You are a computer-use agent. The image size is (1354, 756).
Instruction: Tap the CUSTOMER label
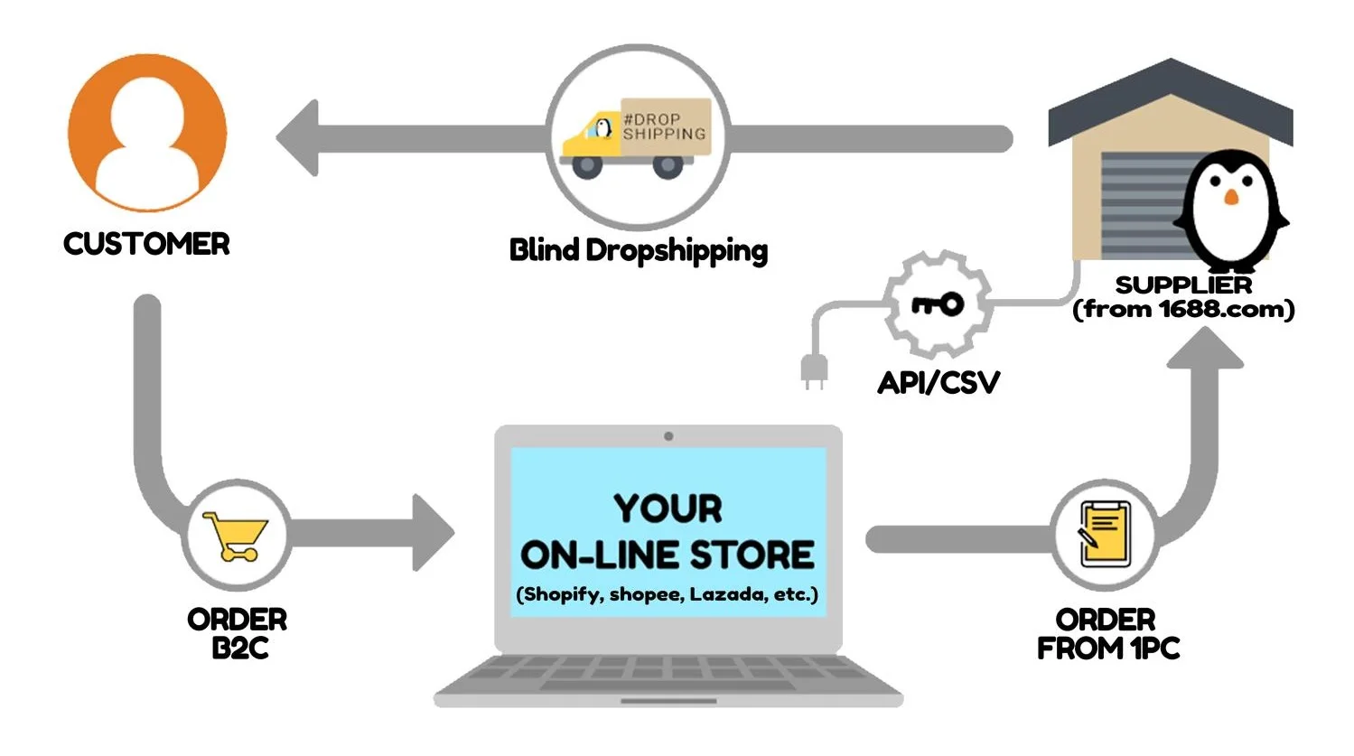146,244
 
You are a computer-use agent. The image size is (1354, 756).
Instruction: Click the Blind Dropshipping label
638,250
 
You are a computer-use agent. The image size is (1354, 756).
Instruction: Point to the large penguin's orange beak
1230,197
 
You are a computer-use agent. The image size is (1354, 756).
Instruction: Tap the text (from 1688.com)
1183,310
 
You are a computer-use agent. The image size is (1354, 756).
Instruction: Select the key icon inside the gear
938,304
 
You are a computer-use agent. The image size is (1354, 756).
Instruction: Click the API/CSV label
938,382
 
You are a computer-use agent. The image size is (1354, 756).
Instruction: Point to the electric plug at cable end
814,371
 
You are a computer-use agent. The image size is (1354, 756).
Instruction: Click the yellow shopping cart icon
236,536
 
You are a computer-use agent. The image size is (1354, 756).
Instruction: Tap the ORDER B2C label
238,634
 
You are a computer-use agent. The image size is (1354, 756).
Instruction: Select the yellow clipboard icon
1105,534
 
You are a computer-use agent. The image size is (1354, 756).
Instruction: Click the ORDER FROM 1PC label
1107,634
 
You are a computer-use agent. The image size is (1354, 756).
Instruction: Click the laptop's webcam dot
668,436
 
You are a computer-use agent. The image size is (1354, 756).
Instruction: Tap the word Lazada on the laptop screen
726,594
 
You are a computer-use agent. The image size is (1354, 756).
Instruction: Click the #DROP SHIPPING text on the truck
664,126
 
